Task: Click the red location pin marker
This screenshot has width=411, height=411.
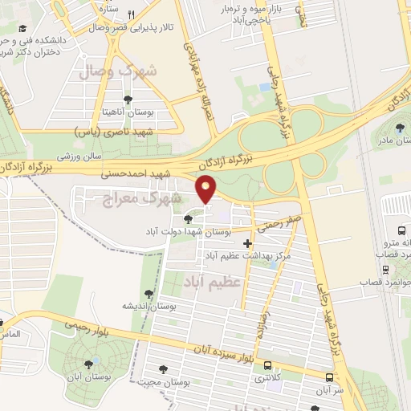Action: click(x=207, y=189)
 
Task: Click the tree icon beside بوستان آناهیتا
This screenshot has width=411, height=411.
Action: click(x=128, y=100)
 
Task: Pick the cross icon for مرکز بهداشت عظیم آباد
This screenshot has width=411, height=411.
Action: click(x=247, y=242)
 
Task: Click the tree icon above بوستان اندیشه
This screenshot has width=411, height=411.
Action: click(x=147, y=294)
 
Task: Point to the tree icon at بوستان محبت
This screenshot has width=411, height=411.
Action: click(x=164, y=370)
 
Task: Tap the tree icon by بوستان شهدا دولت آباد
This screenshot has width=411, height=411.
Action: click(x=188, y=218)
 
